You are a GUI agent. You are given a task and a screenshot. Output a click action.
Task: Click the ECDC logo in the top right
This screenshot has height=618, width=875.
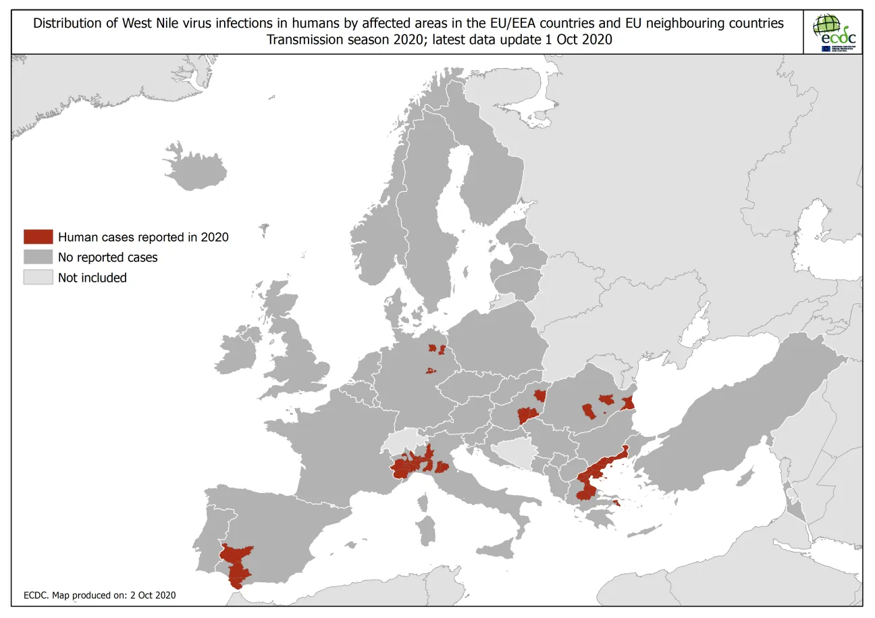click(834, 32)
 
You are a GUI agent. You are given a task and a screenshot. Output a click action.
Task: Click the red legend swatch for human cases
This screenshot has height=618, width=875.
click(38, 237)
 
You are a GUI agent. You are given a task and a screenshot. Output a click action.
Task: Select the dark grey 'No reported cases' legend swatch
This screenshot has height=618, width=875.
click(38, 257)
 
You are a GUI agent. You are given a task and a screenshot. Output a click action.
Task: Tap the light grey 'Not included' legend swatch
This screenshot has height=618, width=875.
click(38, 278)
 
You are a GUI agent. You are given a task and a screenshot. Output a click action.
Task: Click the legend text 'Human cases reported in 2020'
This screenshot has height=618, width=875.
click(143, 237)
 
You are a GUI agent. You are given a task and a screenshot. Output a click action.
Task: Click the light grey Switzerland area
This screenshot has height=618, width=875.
click(403, 443)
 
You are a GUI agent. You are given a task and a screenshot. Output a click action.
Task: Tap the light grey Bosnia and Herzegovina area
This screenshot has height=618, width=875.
click(514, 454)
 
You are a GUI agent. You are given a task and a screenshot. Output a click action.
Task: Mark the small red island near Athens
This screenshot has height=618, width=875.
click(616, 501)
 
